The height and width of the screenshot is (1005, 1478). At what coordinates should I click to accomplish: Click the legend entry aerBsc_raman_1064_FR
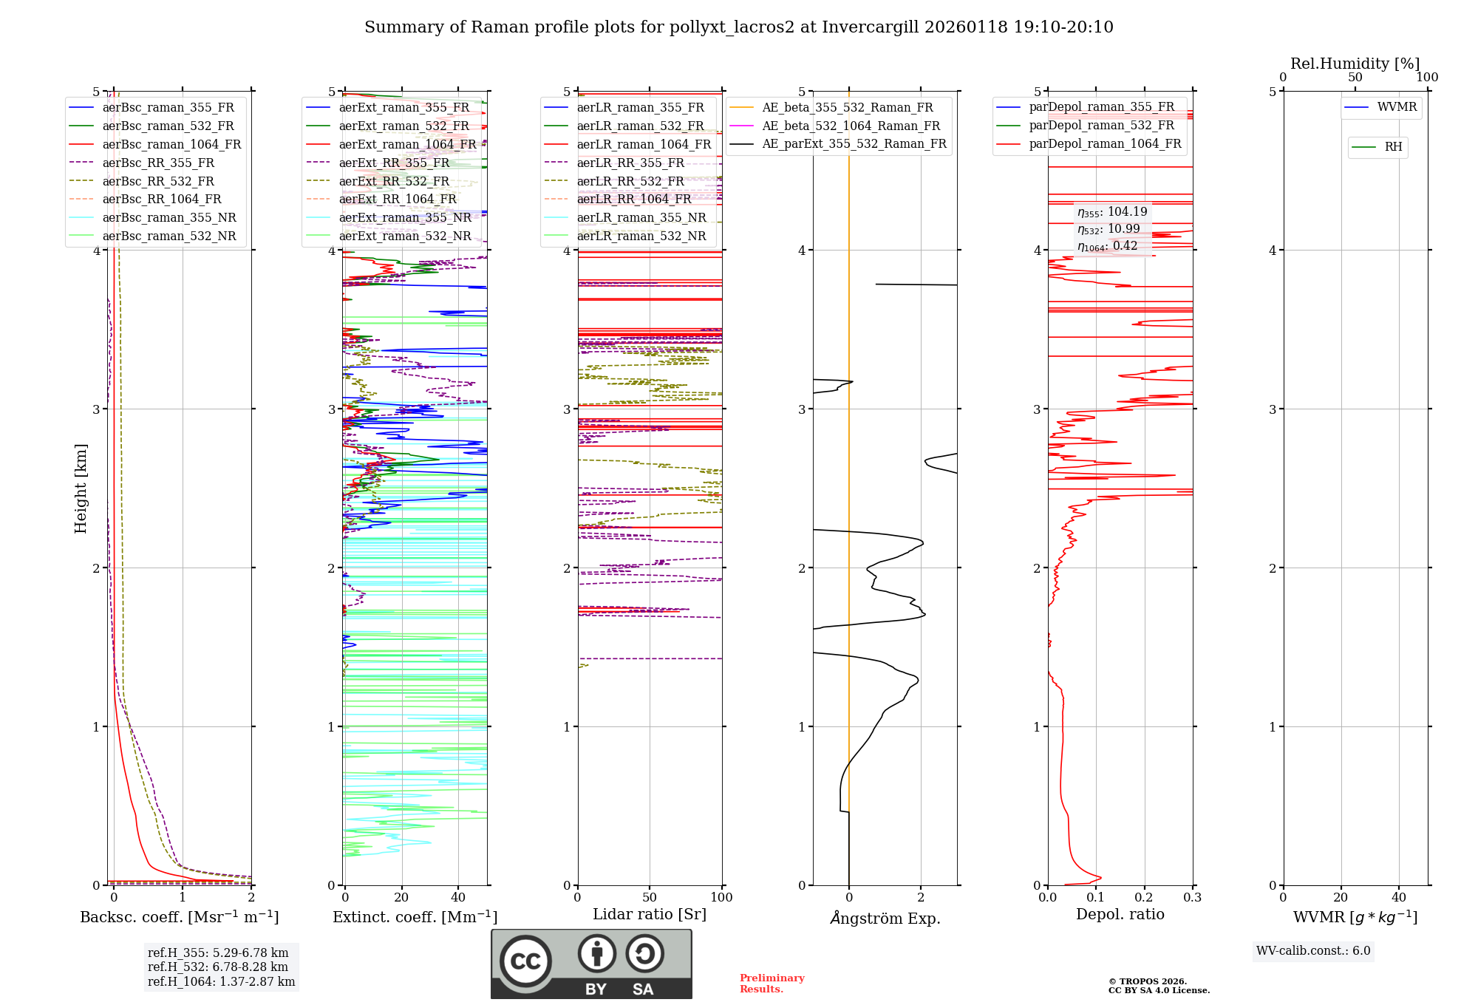(x=171, y=145)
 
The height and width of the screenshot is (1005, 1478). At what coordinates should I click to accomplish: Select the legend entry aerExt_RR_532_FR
(x=394, y=181)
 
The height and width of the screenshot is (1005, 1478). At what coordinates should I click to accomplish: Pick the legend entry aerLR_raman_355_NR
(x=641, y=217)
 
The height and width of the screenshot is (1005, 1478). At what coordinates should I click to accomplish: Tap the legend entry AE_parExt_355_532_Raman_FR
(x=854, y=144)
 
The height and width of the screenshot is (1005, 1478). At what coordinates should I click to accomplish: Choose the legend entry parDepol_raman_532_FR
(x=1101, y=126)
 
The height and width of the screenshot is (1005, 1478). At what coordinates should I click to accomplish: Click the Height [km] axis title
(x=81, y=488)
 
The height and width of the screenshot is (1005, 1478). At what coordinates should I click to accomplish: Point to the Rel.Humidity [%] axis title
(x=1355, y=64)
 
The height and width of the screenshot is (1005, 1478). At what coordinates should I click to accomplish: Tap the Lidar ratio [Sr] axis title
(x=650, y=914)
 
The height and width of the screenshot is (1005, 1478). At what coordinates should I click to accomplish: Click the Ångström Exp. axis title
(x=885, y=918)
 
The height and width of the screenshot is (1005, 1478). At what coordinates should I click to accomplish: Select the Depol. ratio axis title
(x=1120, y=914)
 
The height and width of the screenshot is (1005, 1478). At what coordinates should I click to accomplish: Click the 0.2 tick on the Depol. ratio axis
(x=1144, y=897)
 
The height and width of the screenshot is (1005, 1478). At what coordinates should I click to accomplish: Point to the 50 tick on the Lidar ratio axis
(x=650, y=897)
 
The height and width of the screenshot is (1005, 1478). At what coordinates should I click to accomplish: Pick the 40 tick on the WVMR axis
(x=1399, y=897)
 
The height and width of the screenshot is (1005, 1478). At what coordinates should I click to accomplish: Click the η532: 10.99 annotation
(x=1108, y=229)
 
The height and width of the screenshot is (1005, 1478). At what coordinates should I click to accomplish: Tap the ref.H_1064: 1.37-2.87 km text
(x=221, y=981)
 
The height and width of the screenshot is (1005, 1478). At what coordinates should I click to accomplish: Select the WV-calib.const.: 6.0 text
(x=1313, y=951)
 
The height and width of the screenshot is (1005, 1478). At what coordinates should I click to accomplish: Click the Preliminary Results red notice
(x=772, y=984)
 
